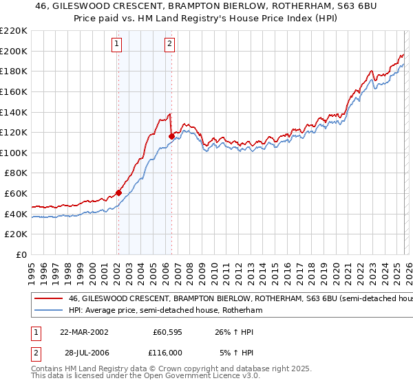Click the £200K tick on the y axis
[x=14, y=51]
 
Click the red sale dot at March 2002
[x=118, y=192]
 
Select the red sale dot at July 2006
[x=171, y=136]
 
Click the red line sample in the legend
[x=48, y=299]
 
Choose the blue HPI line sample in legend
[x=48, y=311]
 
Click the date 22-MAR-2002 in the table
[x=83, y=331]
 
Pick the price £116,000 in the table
[x=167, y=352]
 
